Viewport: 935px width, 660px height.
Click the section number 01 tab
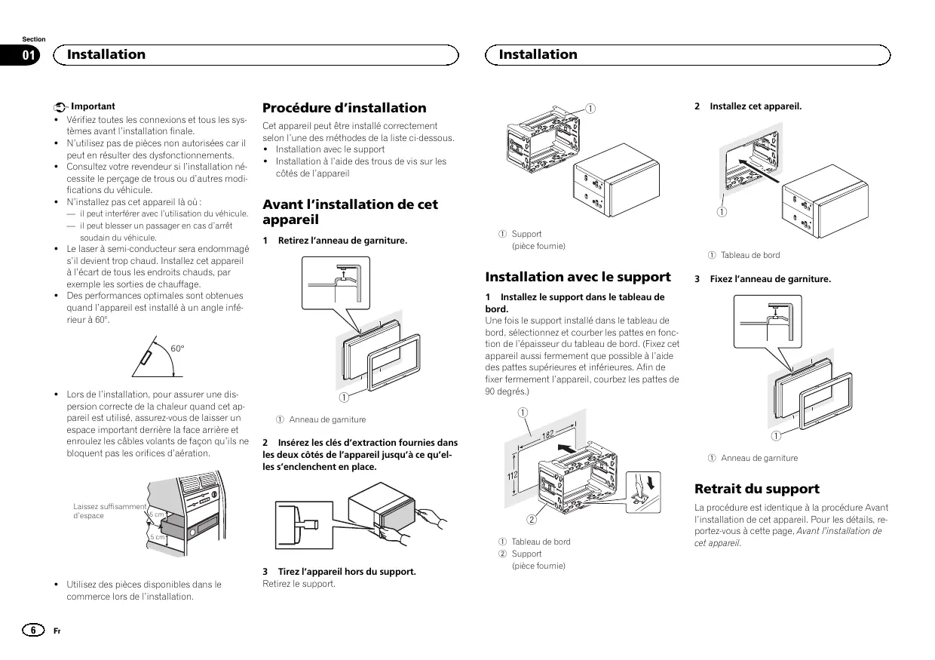29,54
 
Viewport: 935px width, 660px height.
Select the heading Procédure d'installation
344,108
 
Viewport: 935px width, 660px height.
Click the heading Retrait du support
756,489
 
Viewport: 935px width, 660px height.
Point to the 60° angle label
177,348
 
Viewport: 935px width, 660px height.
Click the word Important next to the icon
93,106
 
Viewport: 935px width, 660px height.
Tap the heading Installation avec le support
578,277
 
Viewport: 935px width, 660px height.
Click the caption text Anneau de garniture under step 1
327,419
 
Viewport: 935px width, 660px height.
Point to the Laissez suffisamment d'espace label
109,511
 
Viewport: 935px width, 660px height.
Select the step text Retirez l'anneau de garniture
342,241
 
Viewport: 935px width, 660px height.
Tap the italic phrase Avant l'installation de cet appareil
788,536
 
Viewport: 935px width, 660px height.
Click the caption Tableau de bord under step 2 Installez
750,255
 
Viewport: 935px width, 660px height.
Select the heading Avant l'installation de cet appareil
350,212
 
